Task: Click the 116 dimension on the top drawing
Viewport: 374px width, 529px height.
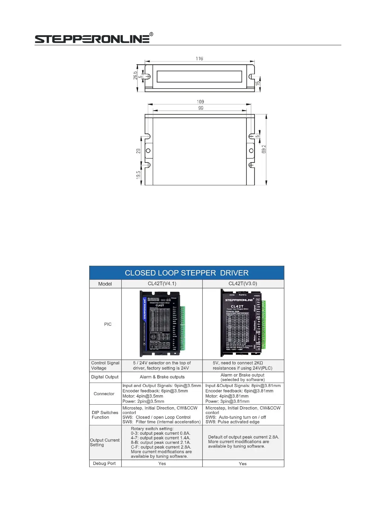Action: [199, 59]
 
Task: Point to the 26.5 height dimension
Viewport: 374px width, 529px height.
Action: [135, 75]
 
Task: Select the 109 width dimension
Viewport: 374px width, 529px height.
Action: [200, 102]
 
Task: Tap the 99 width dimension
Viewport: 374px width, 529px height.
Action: [201, 108]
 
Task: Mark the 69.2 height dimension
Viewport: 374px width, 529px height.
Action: [264, 149]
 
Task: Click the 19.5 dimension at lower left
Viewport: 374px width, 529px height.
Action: [138, 175]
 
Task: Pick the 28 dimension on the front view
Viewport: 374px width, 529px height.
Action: [138, 151]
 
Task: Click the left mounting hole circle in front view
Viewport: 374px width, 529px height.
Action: [148, 151]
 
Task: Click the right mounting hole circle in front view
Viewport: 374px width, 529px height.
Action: [251, 151]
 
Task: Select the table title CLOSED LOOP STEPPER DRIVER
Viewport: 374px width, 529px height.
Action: [187, 273]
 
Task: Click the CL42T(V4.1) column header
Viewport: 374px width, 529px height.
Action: [162, 284]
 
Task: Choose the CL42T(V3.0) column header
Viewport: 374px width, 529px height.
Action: [243, 284]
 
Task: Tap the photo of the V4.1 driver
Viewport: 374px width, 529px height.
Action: [162, 324]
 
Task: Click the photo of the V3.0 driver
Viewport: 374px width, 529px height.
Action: [243, 323]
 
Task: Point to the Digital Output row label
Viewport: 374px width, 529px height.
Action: [105, 377]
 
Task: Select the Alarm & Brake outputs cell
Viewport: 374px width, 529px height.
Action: [162, 377]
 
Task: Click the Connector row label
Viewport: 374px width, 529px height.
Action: [104, 394]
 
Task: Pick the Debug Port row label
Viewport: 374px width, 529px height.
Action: [104, 463]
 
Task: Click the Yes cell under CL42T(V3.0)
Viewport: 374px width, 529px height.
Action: [243, 464]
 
